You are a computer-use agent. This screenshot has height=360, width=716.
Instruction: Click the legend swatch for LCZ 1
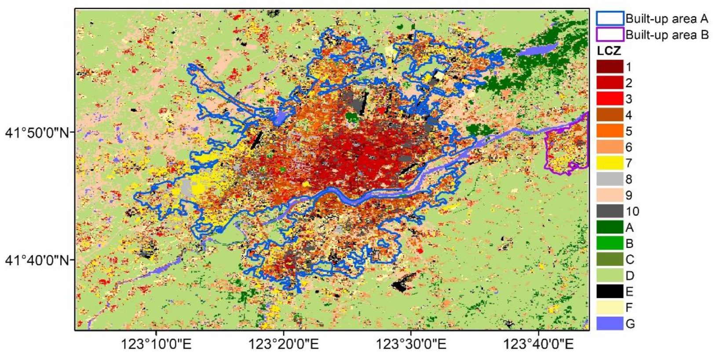pos(610,67)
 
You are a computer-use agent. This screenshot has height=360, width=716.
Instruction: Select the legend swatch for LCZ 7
pos(610,163)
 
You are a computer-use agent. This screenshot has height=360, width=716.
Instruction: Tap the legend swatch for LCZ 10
pos(610,211)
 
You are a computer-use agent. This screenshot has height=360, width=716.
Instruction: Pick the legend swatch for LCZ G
pos(610,324)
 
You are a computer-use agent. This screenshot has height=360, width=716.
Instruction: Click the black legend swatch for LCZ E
pos(610,291)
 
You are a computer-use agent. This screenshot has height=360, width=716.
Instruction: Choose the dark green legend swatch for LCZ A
pos(610,227)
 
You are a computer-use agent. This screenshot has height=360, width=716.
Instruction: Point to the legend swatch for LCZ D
pos(610,276)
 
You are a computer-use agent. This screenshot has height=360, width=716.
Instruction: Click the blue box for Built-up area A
pos(610,18)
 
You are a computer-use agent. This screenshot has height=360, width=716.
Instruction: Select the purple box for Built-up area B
pos(610,34)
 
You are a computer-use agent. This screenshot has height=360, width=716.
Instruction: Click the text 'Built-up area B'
pos(667,35)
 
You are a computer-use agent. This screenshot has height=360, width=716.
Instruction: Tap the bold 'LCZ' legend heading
pos(608,51)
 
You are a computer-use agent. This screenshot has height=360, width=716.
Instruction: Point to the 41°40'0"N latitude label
pos(37,260)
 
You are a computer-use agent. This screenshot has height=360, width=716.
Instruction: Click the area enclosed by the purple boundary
pos(565,147)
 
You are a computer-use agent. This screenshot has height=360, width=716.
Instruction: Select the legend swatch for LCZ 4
pos(610,115)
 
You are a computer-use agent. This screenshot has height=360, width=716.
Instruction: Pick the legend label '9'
pos(629,196)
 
